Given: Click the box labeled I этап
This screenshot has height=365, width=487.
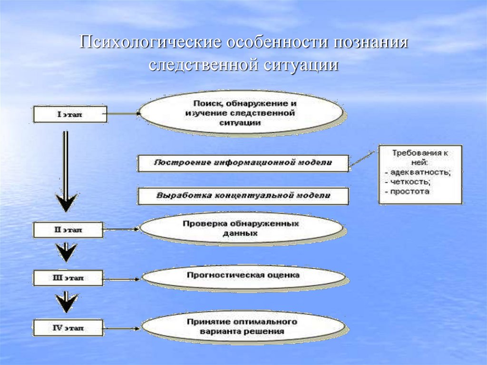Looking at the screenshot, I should tap(69, 115).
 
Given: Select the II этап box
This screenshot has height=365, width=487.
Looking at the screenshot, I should tap(68, 230).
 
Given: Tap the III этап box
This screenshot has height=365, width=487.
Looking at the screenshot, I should tap(68, 278).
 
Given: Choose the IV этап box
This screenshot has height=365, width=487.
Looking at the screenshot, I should tap(68, 327).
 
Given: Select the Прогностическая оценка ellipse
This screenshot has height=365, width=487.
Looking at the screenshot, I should tap(243, 276).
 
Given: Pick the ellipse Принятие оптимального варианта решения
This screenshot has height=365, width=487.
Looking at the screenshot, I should tap(243, 326).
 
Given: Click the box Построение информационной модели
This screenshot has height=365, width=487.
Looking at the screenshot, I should tap(243, 163).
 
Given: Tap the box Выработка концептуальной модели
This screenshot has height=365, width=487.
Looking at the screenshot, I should tap(243, 196).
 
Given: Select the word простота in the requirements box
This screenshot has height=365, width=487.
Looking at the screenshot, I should tap(412, 192).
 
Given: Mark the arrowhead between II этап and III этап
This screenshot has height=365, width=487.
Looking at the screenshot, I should tap(66, 253).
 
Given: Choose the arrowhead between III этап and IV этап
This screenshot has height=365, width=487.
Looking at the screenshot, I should tap(66, 301).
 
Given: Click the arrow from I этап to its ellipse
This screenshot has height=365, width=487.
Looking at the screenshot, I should tap(123, 114).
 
